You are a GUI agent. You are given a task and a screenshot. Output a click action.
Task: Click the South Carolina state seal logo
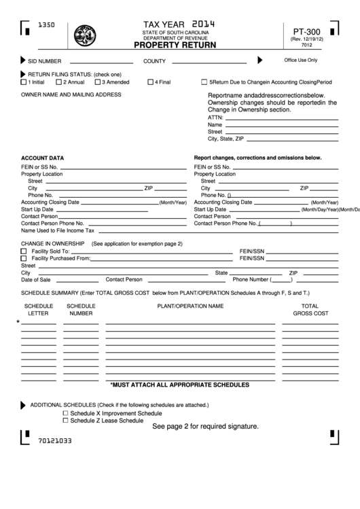tap(85, 34)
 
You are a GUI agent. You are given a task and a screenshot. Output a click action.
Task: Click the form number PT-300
tap(306, 31)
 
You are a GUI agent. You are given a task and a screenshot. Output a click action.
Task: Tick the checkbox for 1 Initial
tap(24, 82)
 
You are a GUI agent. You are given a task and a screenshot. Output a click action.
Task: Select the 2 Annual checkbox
tap(59, 82)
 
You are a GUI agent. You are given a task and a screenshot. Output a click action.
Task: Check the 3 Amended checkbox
tap(98, 82)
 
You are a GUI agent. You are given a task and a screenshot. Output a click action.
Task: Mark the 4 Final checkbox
tap(151, 82)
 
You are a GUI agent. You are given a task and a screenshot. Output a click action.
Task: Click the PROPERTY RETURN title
tap(175, 46)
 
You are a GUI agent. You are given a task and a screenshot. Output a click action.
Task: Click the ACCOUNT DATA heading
tap(43, 157)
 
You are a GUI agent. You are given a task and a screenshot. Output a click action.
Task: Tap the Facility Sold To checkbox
tap(24, 251)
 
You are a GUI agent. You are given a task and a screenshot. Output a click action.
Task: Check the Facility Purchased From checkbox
tap(24, 258)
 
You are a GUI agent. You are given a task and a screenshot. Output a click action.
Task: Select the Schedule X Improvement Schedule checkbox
tap(65, 413)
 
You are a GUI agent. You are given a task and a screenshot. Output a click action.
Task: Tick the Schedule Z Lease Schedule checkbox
tap(65, 420)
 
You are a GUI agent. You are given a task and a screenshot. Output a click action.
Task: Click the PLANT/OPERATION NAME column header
tap(190, 306)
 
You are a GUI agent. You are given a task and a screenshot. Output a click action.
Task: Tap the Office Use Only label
tap(300, 60)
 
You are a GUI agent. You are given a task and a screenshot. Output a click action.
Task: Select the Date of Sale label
tap(35, 279)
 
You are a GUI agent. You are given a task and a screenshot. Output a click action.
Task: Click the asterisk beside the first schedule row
tap(18, 321)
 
